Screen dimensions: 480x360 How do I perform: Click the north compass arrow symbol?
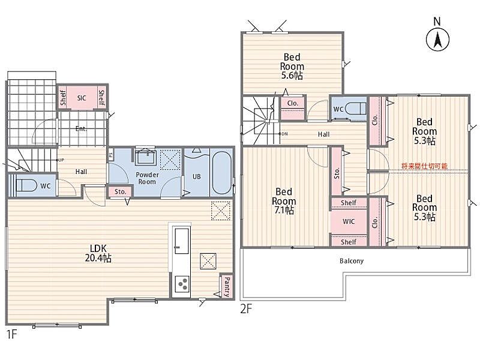coord(438,40)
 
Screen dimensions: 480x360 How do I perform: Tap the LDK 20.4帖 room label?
coord(98,253)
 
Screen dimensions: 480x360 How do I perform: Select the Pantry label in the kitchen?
coord(227,287)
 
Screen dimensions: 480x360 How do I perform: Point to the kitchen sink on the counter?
coord(182,241)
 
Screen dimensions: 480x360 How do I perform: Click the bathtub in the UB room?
coord(221,173)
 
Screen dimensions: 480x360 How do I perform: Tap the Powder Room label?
coord(147,178)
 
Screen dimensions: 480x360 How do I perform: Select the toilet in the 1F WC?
coord(26,185)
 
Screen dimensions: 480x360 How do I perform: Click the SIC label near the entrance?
coord(82,98)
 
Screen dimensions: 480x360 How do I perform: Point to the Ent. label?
coord(81,129)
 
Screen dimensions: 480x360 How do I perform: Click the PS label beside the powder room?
coord(110,155)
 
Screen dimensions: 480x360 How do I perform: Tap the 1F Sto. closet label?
coord(121,191)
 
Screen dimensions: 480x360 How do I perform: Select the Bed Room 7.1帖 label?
coord(284,201)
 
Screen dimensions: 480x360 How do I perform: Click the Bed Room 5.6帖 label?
coord(292,66)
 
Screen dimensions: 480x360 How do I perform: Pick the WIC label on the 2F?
coord(349,221)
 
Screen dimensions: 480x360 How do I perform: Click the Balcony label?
coord(352,261)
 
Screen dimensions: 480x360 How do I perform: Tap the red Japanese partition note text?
coord(424,166)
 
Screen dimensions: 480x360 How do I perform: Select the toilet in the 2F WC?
coord(355,109)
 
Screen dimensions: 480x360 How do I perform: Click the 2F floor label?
coord(246,309)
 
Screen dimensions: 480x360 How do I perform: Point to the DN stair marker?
coord(283,134)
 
